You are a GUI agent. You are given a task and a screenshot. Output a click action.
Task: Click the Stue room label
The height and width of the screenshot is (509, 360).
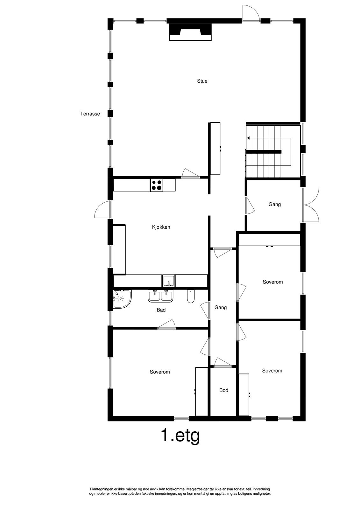[x=202, y=81]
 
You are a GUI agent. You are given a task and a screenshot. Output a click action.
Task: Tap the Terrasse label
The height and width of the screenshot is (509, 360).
[x=90, y=114]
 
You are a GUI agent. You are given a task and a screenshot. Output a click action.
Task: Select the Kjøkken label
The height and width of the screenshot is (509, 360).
[x=161, y=227]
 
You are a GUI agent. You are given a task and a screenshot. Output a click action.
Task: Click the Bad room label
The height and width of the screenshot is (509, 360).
[x=161, y=310]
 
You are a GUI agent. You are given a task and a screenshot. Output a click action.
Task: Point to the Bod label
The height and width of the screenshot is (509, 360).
[x=224, y=390]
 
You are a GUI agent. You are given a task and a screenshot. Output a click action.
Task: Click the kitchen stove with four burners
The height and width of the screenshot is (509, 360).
[x=157, y=185]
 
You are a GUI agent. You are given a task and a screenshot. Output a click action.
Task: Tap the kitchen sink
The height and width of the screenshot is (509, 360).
[x=168, y=281]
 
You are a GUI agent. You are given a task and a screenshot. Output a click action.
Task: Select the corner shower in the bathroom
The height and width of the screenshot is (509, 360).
[x=121, y=299]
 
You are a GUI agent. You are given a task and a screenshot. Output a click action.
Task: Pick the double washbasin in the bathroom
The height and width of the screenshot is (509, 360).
[x=160, y=296]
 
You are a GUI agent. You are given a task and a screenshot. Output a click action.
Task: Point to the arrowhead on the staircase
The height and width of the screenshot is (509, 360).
[x=248, y=138]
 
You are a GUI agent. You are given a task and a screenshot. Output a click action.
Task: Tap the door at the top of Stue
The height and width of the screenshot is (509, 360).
[x=251, y=14]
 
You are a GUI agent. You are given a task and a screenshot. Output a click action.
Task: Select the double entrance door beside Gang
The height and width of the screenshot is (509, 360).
[x=311, y=205]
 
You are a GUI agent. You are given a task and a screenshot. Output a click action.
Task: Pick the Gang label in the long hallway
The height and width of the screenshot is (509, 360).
[x=221, y=308]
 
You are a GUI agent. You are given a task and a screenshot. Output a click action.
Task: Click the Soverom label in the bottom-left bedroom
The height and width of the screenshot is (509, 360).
[x=160, y=372]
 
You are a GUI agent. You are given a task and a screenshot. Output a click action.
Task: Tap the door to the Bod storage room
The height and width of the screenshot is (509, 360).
[x=223, y=362]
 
